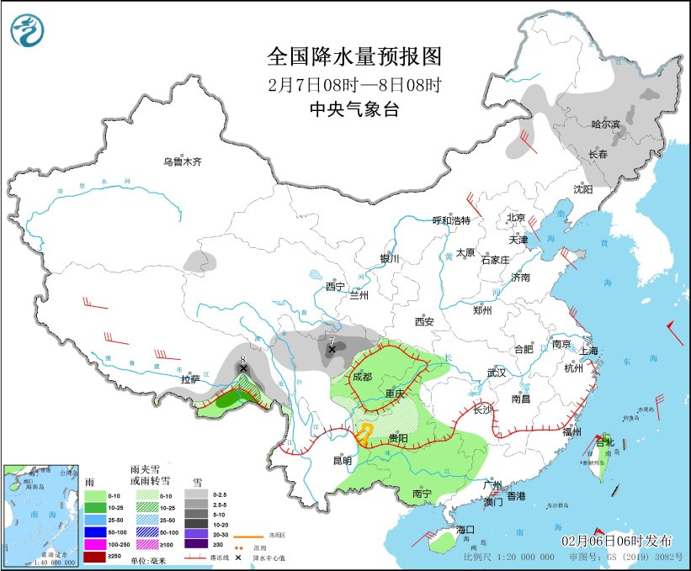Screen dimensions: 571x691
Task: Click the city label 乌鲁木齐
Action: click(x=183, y=161)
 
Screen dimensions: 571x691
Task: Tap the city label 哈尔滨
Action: click(x=604, y=124)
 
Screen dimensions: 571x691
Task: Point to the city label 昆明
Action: click(x=343, y=460)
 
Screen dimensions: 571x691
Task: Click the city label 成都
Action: click(x=361, y=377)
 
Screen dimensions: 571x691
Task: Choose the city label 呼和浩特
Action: click(x=451, y=220)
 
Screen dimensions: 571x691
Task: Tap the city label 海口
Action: click(x=466, y=530)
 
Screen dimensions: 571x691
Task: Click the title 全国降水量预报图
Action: click(x=353, y=57)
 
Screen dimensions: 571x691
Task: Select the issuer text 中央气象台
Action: click(x=353, y=108)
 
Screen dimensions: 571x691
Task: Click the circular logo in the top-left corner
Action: click(x=26, y=31)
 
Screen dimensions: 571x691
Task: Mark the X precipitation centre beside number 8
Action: click(x=243, y=368)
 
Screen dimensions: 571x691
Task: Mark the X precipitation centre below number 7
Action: click(x=332, y=348)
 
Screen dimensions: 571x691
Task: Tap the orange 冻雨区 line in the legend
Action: click(x=244, y=533)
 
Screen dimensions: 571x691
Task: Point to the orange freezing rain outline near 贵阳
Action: click(x=364, y=434)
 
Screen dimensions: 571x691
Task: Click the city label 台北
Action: click(x=605, y=442)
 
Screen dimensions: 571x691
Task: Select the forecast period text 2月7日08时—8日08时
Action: click(x=353, y=84)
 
